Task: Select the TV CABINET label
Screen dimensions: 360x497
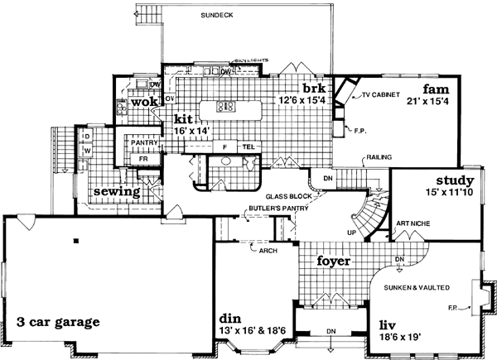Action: [x=381, y=97]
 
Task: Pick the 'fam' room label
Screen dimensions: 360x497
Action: [x=436, y=89]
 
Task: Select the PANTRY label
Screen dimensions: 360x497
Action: [x=144, y=143]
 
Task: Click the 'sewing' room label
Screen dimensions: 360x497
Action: [x=116, y=191]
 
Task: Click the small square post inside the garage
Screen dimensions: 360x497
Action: [x=75, y=242]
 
